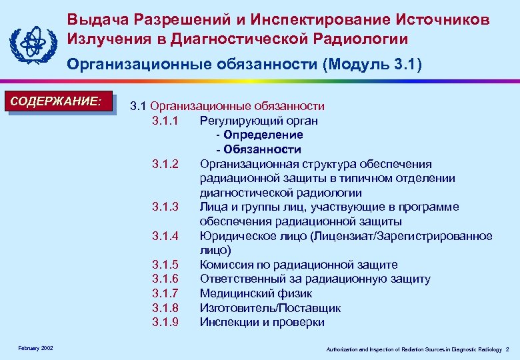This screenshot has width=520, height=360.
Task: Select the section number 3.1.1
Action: click(x=165, y=121)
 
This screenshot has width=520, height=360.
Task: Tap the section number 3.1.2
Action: click(x=165, y=164)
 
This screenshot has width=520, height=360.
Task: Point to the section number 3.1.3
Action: click(x=165, y=207)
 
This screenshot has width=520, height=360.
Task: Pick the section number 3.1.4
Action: click(x=165, y=236)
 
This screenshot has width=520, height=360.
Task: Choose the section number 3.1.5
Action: click(x=165, y=265)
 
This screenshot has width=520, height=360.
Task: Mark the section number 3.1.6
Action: click(x=165, y=279)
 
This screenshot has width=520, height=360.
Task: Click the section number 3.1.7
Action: click(x=165, y=293)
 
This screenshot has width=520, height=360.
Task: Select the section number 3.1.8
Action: click(x=165, y=308)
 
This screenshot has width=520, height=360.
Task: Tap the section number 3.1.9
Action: click(x=165, y=322)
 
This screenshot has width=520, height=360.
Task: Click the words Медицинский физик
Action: click(x=256, y=293)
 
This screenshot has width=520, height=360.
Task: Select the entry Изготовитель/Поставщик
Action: click(x=270, y=308)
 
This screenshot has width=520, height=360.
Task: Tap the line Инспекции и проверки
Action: click(x=262, y=322)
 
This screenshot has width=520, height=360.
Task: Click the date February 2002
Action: click(x=37, y=348)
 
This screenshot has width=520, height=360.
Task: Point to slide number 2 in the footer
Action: click(x=507, y=349)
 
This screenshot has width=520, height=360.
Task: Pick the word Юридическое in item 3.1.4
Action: click(x=238, y=236)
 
